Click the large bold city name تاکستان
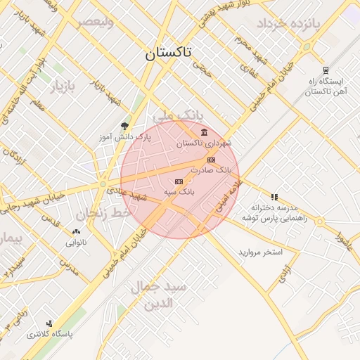click(172, 53)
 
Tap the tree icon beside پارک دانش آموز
click(125, 127)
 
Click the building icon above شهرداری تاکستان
click(204, 133)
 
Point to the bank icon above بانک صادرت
click(211, 160)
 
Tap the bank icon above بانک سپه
click(178, 181)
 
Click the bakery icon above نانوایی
click(76, 232)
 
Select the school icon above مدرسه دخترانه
click(274, 197)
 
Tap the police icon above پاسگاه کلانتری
click(49, 323)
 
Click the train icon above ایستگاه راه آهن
click(325, 70)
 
